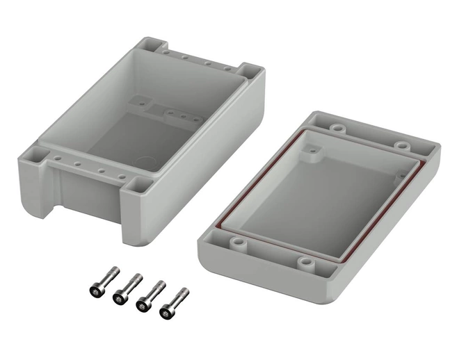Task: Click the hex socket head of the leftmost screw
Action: pyautogui.click(x=95, y=288)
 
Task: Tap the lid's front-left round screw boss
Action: pyautogui.click(x=238, y=243)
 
